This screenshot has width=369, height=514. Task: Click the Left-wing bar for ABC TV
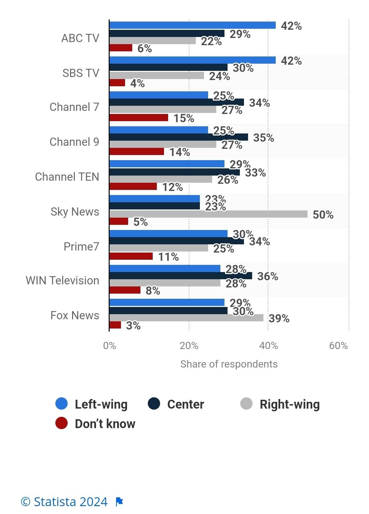(x=192, y=25)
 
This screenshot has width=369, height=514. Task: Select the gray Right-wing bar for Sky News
(x=208, y=214)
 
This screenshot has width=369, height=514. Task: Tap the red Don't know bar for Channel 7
(x=139, y=118)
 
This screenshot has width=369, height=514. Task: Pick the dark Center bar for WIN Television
(x=181, y=276)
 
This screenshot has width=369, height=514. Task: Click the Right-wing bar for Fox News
(x=186, y=318)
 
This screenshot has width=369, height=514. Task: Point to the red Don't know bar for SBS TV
(x=117, y=83)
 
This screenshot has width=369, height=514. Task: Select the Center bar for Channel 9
(x=179, y=137)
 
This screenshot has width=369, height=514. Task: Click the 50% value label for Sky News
(x=323, y=215)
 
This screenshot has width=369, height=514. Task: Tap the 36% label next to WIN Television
(x=268, y=277)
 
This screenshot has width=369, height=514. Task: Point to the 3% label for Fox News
(x=133, y=326)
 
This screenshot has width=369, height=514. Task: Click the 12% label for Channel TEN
(x=173, y=187)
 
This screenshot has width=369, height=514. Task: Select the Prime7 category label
(x=81, y=246)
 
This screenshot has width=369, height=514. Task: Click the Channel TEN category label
(x=67, y=177)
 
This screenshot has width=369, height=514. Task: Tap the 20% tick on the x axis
(x=189, y=346)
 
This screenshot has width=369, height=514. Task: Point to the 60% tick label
(x=338, y=346)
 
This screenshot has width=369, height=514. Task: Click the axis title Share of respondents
(x=229, y=364)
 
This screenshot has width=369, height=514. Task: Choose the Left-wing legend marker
(x=61, y=404)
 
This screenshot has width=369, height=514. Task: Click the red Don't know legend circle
(x=61, y=423)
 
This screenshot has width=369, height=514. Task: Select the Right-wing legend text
(x=290, y=404)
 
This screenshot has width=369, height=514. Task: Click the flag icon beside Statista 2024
(x=119, y=502)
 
